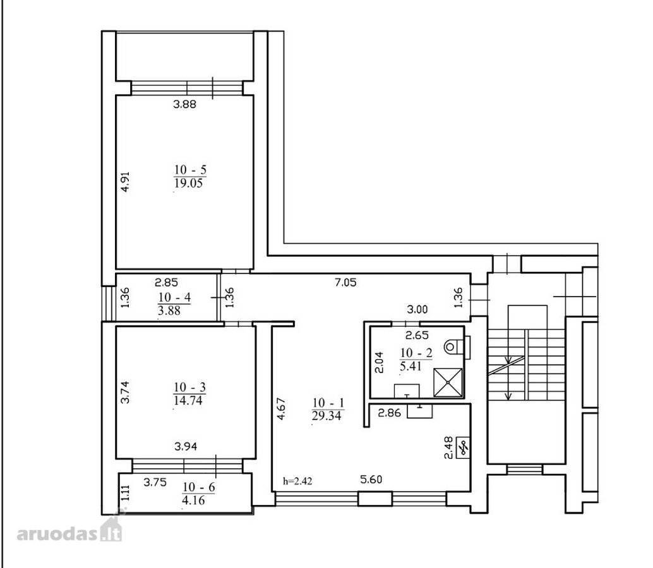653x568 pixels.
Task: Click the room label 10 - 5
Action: click(190, 170)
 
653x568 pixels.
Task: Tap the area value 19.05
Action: click(188, 183)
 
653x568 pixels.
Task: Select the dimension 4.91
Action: click(125, 182)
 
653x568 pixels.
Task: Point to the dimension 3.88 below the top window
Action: click(184, 104)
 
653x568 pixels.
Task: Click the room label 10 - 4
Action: click(174, 297)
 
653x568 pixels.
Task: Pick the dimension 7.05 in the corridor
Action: click(345, 283)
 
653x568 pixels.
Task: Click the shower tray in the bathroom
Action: click(448, 382)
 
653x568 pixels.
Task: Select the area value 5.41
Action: click(410, 366)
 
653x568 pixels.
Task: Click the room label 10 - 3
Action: click(189, 388)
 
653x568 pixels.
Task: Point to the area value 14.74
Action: click(188, 400)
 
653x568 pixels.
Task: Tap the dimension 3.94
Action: click(186, 447)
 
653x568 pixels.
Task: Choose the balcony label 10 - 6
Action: click(199, 487)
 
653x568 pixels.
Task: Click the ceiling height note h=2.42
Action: click(297, 482)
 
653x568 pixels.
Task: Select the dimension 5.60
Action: click(371, 480)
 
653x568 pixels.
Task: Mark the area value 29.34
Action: click(326, 415)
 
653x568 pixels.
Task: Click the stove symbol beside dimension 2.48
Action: click(464, 447)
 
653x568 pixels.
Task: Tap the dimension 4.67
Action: click(281, 409)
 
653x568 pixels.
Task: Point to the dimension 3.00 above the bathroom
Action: click(417, 309)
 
